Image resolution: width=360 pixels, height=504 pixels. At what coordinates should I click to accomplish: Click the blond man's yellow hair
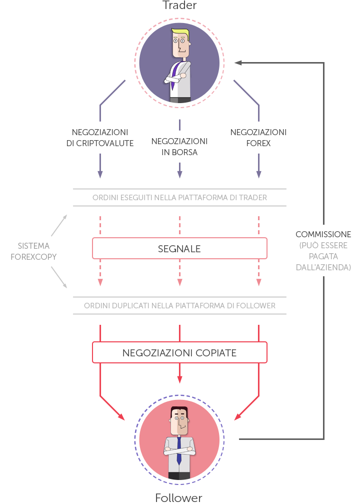tap(180, 34)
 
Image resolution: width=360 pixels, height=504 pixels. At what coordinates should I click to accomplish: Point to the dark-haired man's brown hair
tap(179, 409)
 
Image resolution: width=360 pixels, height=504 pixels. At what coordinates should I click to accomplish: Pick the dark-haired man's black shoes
tap(179, 476)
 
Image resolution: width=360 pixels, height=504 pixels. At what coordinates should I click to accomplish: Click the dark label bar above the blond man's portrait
tap(179, 5)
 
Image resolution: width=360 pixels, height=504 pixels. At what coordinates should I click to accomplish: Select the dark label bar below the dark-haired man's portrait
tap(179, 498)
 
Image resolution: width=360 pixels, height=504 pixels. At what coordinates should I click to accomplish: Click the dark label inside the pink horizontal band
tap(179, 249)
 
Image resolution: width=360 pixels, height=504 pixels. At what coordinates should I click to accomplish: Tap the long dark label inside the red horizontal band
tap(179, 353)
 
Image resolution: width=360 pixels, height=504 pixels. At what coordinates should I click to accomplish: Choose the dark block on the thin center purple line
tap(179, 147)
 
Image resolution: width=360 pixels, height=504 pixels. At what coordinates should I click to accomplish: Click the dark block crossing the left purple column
tap(100, 138)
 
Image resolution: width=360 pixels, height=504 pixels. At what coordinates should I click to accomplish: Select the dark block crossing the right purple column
tap(258, 138)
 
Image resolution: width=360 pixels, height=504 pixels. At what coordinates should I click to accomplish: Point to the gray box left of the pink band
tap(33, 251)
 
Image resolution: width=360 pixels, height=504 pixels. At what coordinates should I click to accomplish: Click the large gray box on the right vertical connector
tap(323, 256)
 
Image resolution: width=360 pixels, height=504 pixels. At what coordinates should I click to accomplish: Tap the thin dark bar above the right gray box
tap(323, 234)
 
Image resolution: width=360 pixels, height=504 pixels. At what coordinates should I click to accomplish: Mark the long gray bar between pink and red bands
tap(179, 305)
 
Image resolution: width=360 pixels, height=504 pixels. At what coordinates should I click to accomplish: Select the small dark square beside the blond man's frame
tap(238, 63)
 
